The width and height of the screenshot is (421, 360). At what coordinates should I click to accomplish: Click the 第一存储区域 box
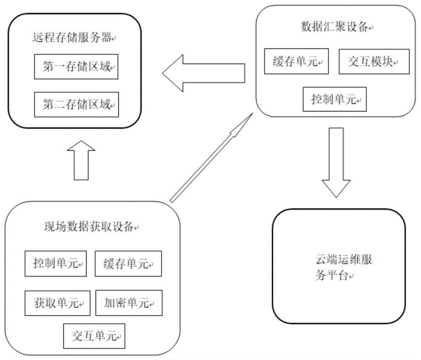76,67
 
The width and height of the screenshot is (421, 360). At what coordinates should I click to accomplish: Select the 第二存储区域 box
76,105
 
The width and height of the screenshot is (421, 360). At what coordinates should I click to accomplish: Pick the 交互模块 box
373,62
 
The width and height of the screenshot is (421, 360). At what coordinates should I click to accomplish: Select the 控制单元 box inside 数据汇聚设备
335,99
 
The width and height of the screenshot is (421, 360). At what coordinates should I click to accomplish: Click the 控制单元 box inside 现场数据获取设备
56,264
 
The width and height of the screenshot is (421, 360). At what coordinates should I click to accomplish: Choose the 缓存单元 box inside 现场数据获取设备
128,264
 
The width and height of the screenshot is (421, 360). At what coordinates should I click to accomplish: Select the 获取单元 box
57,303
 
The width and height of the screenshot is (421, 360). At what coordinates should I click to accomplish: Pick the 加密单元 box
128,303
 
